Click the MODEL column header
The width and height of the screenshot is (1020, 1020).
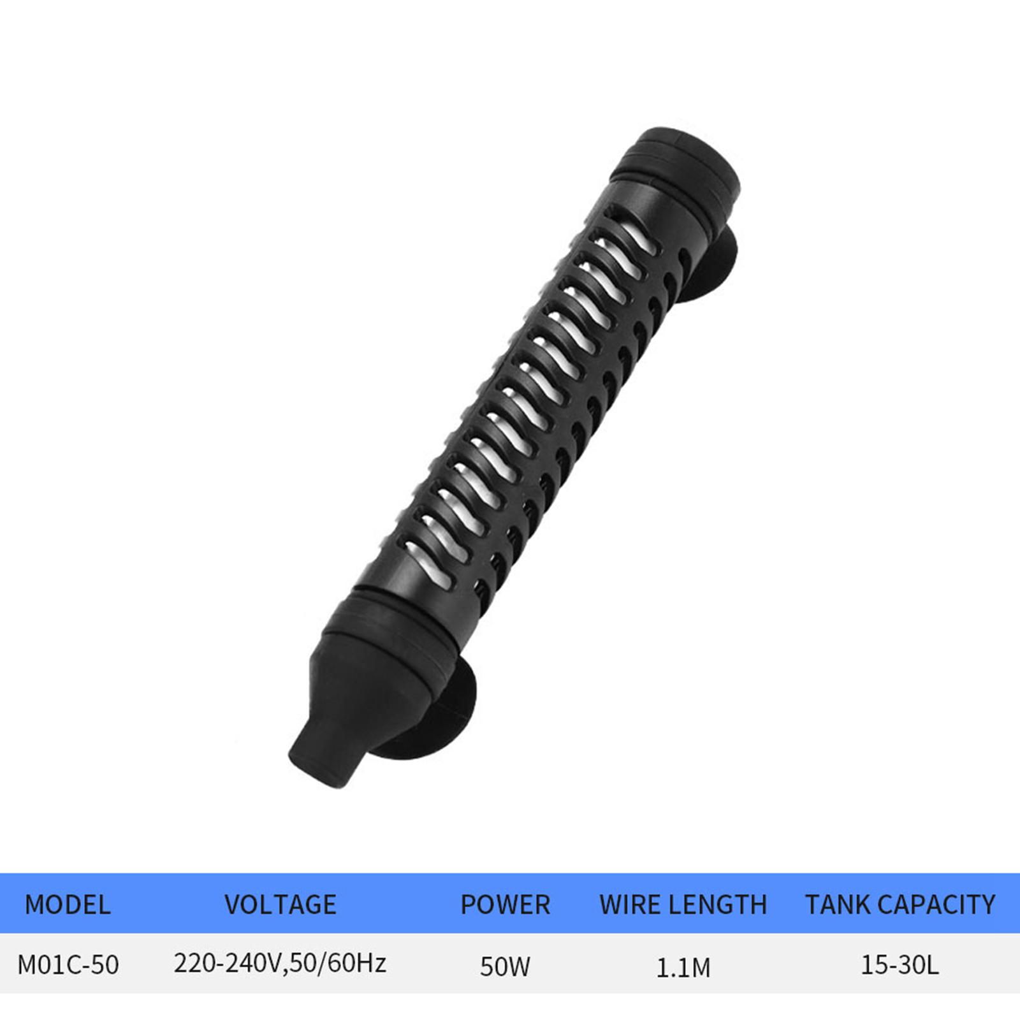pos(68,905)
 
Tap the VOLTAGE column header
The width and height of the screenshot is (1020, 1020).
pos(280,905)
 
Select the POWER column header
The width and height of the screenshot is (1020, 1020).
pos(505,905)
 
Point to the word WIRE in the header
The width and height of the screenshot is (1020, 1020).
pos(632,905)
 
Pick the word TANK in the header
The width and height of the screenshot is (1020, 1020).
pos(837,905)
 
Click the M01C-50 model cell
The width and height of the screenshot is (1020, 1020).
pos(68,965)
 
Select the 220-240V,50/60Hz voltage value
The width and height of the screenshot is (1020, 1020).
pos(280,963)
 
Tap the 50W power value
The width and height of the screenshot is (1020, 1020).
pos(505,966)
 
